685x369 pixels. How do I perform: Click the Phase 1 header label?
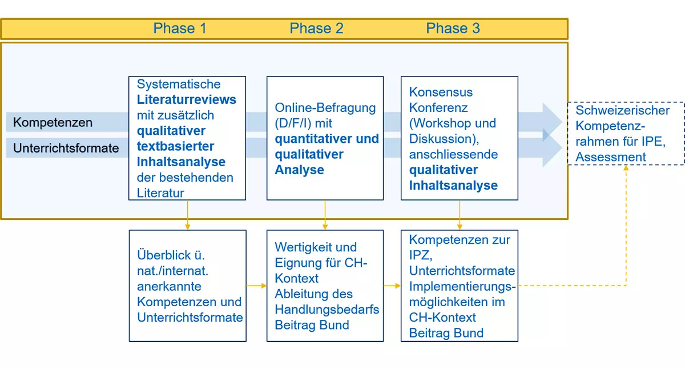click(180, 29)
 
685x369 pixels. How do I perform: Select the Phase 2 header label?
click(316, 29)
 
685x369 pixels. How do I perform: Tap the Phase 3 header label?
click(453, 29)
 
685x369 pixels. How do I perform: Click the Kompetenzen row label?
click(53, 122)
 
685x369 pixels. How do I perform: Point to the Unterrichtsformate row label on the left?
click(66, 148)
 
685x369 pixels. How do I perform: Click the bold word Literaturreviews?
click(187, 99)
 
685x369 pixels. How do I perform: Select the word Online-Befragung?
click(325, 108)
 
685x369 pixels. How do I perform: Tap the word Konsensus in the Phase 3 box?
click(441, 92)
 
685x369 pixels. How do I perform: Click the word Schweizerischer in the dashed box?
click(623, 110)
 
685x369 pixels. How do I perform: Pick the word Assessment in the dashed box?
click(611, 157)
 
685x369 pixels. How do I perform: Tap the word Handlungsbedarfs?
click(327, 310)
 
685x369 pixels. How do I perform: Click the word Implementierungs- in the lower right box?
click(462, 287)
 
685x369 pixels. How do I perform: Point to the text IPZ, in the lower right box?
click(421, 255)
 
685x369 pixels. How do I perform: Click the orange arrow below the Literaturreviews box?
click(187, 215)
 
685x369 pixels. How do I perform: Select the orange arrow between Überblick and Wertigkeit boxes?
click(256, 286)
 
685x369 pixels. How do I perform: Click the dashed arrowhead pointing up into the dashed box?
click(626, 168)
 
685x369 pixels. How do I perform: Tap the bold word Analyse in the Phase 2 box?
click(299, 170)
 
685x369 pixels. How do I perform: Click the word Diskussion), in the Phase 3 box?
click(444, 139)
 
